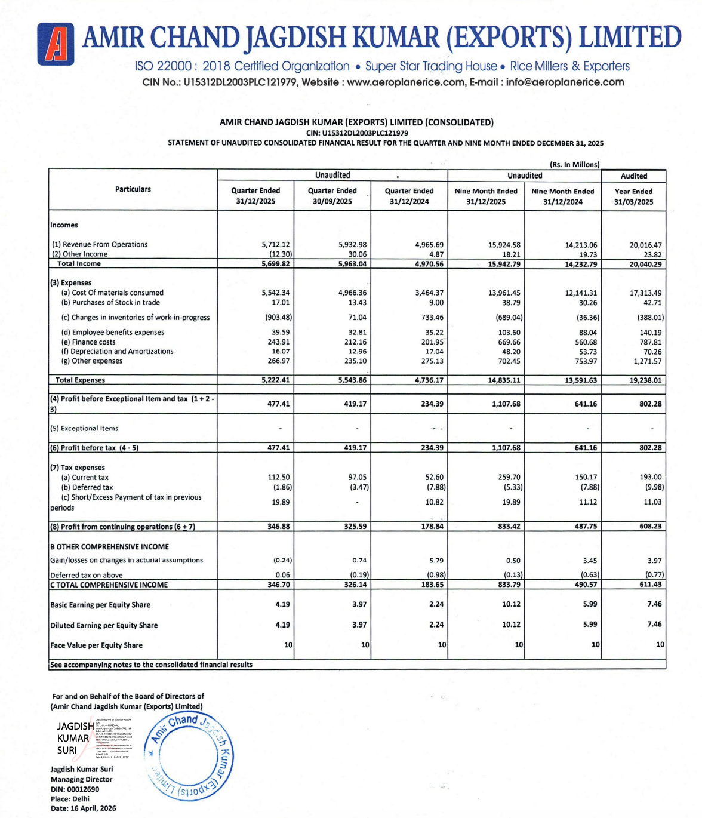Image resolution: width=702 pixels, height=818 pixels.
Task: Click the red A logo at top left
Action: (56, 44)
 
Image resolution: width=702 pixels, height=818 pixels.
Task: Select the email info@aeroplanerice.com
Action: (565, 82)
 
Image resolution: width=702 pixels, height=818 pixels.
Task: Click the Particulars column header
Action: (133, 189)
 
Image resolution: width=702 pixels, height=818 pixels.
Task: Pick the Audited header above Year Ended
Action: (633, 176)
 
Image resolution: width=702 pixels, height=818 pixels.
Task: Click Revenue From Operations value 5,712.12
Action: (275, 245)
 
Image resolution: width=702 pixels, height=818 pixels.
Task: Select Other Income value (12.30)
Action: (278, 254)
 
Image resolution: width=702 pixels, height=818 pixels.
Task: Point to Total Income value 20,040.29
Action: (645, 264)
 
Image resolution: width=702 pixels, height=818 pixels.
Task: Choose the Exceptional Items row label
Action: (84, 429)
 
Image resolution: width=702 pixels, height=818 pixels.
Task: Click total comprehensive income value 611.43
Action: (650, 585)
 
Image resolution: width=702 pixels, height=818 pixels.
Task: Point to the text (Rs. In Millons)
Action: (574, 165)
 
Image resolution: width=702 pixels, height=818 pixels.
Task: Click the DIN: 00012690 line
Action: (75, 789)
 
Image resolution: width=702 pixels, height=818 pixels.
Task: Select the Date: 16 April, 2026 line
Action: (83, 808)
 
